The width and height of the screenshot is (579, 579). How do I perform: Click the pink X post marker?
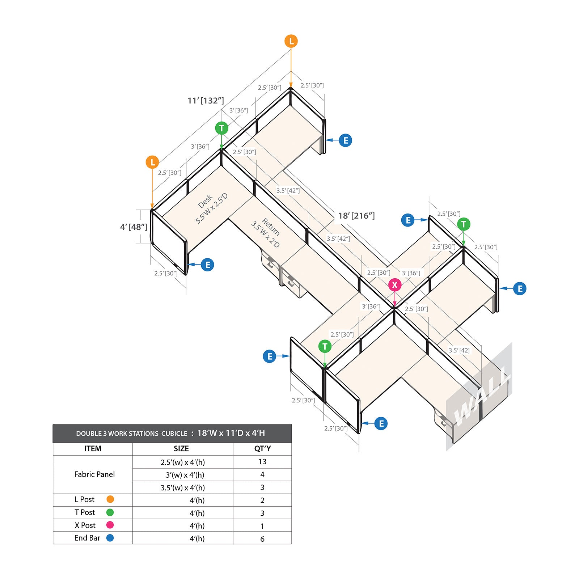coord(395,285)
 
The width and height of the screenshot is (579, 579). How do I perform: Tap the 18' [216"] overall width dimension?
coord(356,216)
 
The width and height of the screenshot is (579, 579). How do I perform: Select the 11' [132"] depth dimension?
coord(206,101)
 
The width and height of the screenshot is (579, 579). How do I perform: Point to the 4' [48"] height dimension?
coord(134,227)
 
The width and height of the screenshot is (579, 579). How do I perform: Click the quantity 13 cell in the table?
coord(262,462)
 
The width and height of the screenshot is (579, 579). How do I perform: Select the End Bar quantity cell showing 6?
coord(262,539)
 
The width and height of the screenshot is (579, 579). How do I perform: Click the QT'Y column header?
coord(262,449)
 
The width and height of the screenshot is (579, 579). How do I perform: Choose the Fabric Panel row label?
coord(94,474)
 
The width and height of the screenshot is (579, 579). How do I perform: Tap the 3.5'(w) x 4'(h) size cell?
coord(183,488)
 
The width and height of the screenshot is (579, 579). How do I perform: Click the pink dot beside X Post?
coord(110,525)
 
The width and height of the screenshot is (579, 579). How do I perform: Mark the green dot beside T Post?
coord(110,512)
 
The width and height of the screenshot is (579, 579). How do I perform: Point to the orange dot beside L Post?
coord(110,499)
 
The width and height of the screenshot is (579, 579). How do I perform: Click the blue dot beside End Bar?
coord(110,538)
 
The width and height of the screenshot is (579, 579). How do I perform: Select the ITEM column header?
coord(93,449)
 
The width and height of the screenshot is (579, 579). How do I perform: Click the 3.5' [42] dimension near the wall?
coord(459,350)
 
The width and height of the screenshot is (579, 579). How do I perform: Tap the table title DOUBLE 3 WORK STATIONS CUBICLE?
coord(132,434)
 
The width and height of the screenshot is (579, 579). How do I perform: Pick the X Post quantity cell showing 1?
coord(262,526)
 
